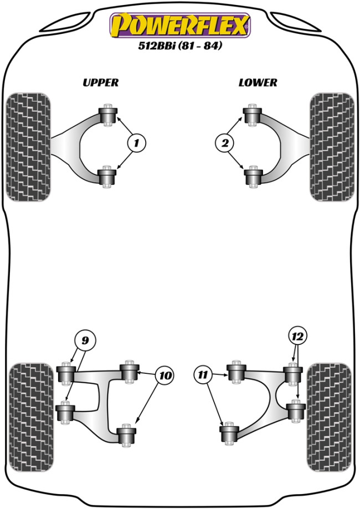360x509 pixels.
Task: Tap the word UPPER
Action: tap(100, 83)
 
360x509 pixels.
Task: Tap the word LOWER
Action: tap(258, 83)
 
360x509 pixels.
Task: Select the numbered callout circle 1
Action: tap(137, 144)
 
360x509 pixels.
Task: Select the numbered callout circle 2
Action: tap(224, 144)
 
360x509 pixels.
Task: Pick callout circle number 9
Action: tap(85, 340)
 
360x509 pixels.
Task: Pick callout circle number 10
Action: tap(164, 376)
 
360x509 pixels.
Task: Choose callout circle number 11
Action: tap(203, 376)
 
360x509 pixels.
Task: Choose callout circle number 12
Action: tap(297, 336)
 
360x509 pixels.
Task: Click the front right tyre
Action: tap(332, 147)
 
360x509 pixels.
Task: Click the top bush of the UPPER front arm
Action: tap(109, 116)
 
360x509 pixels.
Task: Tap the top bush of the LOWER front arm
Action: tap(253, 116)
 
